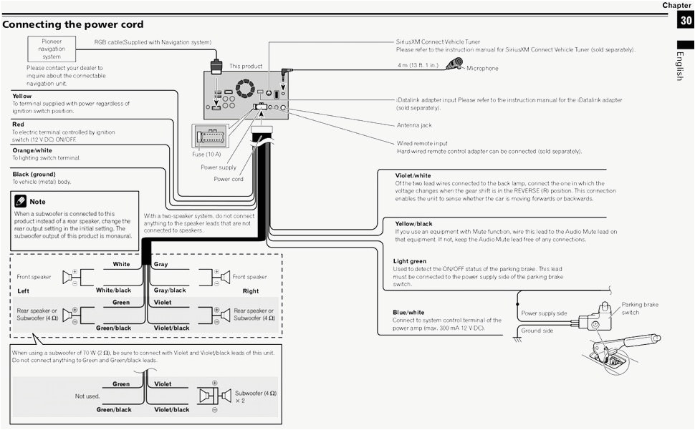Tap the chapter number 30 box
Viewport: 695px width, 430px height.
[686, 21]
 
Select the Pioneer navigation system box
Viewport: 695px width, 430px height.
[52, 49]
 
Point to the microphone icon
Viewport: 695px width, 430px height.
[454, 65]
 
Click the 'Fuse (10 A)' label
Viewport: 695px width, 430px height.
[206, 154]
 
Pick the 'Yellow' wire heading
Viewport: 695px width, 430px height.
[22, 96]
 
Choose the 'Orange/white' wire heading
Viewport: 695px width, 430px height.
[32, 150]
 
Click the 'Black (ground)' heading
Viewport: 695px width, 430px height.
[34, 174]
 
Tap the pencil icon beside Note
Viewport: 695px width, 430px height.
[20, 201]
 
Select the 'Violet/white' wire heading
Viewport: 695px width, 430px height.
[413, 175]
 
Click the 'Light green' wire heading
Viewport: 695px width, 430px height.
[410, 261]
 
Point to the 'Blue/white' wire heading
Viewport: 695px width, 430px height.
[408, 313]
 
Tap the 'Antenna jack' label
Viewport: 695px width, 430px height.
[415, 125]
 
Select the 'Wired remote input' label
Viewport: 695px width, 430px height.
[422, 143]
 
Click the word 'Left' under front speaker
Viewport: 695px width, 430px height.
[24, 291]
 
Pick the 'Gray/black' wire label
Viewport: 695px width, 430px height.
[170, 290]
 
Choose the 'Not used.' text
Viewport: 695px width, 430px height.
[87, 396]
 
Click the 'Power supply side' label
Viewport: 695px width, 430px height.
[544, 313]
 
